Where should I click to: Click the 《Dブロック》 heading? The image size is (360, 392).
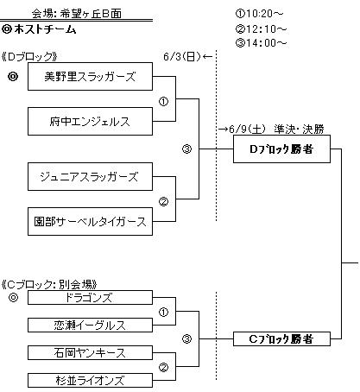click(x=29, y=56)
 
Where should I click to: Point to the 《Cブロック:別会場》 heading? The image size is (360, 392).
click(x=49, y=284)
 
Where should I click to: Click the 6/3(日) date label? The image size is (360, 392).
click(x=182, y=56)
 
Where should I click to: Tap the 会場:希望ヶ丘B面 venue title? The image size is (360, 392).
click(x=77, y=14)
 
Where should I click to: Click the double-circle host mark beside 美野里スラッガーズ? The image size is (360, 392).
click(x=13, y=77)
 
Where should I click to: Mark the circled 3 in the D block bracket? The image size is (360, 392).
click(x=186, y=149)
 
